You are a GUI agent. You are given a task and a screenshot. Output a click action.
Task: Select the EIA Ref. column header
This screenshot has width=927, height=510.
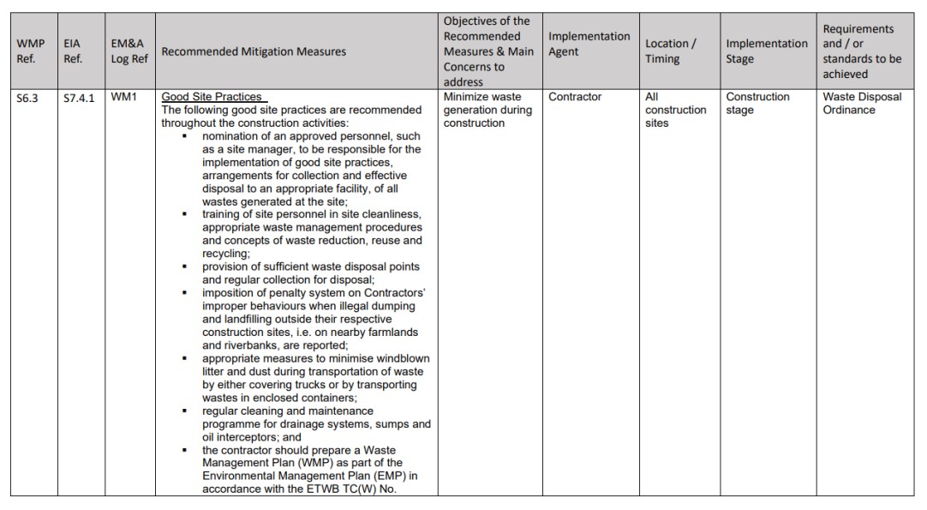tap(73, 51)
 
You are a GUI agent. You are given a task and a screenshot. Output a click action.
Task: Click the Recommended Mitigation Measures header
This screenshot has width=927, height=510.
tap(254, 51)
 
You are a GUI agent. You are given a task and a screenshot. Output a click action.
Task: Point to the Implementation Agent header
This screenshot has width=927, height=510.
tap(589, 44)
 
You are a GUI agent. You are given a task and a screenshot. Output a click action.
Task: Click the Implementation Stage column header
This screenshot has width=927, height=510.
tap(767, 51)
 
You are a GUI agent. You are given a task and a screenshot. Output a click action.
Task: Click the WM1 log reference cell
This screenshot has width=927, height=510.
tap(123, 98)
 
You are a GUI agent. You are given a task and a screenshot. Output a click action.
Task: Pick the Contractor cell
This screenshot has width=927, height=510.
tap(575, 98)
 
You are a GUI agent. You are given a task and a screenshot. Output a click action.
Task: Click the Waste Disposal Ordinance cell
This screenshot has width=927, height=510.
tap(862, 104)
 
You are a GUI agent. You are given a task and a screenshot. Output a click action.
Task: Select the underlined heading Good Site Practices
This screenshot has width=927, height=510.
tap(212, 98)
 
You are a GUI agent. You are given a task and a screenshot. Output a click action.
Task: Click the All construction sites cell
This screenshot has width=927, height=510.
tap(675, 110)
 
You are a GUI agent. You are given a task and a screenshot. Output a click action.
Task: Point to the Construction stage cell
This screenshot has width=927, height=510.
tap(757, 104)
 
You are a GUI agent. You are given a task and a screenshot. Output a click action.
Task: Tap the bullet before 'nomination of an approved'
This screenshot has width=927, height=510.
tap(185, 136)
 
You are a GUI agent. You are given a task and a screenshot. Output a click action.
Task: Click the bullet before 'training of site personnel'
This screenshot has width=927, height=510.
tap(185, 214)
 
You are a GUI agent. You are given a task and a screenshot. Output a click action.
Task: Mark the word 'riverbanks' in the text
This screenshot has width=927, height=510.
tap(229, 345)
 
